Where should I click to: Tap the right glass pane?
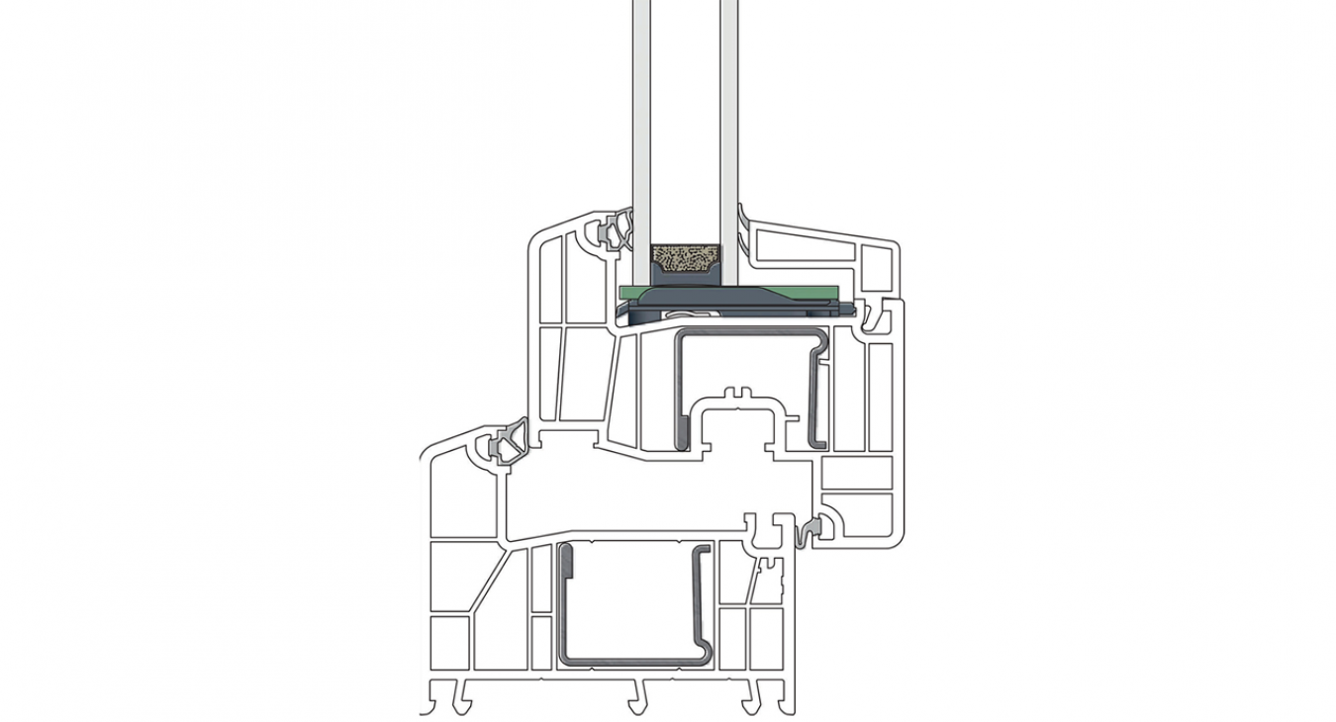pyautogui.click(x=729, y=119)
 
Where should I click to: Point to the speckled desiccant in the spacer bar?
pyautogui.click(x=685, y=264)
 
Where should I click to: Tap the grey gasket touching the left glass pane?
pyautogui.click(x=616, y=232)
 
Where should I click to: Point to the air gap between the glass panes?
pyautogui.click(x=686, y=119)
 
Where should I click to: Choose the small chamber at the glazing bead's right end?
pyautogui.click(x=877, y=267)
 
